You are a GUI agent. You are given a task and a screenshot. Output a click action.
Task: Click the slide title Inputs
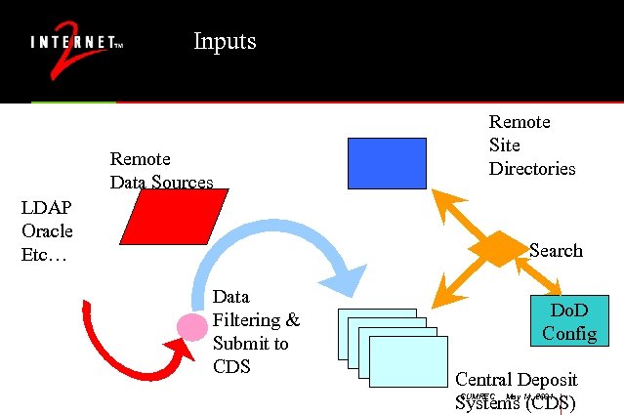(225, 41)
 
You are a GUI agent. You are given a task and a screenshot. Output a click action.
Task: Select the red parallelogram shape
(174, 216)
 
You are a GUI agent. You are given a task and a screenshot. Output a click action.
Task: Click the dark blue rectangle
(387, 162)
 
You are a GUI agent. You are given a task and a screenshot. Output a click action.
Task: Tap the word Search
(556, 251)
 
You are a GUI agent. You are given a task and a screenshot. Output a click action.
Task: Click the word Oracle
(47, 231)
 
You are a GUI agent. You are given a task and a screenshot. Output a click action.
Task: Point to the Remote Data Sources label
(160, 170)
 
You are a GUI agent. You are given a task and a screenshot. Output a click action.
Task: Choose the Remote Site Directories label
(531, 145)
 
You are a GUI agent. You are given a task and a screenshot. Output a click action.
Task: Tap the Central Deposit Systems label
(516, 391)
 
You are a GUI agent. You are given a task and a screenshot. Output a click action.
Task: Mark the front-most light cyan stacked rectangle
(408, 360)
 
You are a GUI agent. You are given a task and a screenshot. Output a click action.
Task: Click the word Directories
(532, 169)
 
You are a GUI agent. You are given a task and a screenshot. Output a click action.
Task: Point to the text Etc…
(44, 255)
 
